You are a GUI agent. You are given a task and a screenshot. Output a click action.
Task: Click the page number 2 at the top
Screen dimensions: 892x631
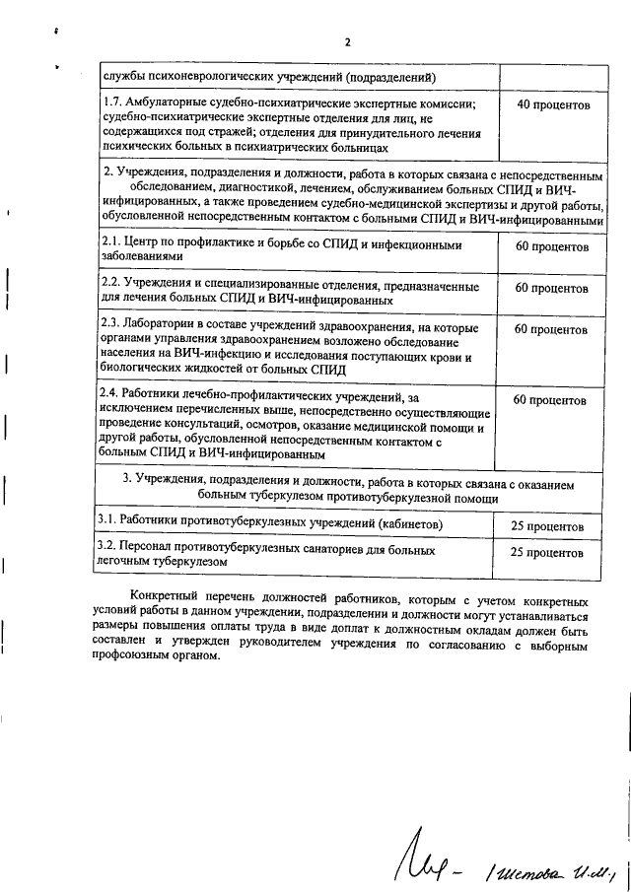347,41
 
